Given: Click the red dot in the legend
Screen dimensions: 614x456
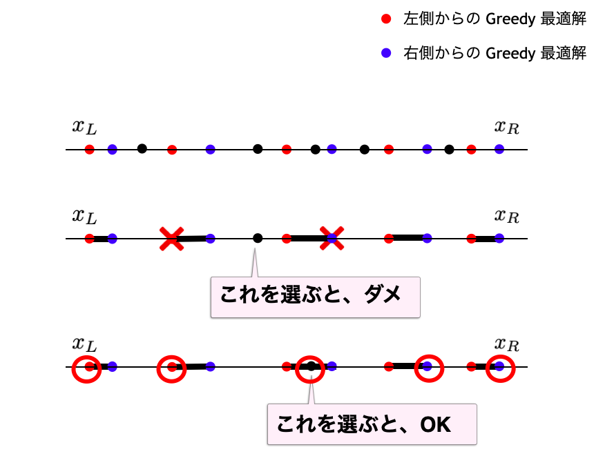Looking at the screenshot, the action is tap(386, 19).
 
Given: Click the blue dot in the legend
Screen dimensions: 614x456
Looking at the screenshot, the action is tap(386, 53).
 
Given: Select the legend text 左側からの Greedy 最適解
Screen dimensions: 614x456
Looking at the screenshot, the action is tap(495, 19).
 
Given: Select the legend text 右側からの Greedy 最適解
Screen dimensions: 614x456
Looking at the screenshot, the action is tap(495, 53).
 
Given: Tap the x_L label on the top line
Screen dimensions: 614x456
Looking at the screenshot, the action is tap(84, 126).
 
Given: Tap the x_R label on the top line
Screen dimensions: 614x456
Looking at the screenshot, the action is tap(506, 126).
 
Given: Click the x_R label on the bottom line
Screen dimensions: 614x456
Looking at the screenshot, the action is tap(506, 344).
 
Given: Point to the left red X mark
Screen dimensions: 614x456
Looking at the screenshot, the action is tap(171, 239).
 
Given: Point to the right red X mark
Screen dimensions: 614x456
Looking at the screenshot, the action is tap(332, 239).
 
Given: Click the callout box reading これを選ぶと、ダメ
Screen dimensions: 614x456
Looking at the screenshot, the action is tap(315, 297).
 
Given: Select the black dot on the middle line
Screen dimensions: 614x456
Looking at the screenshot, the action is tap(258, 238).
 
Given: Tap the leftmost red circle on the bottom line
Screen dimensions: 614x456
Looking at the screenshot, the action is tap(87, 369).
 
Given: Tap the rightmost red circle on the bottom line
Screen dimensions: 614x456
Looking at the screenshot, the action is tap(500, 369).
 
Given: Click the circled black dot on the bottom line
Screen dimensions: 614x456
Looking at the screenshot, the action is tap(311, 366).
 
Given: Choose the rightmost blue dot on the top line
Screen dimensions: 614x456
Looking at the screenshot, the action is tap(499, 149).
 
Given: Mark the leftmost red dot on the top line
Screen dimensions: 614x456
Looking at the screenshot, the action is tap(89, 149).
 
